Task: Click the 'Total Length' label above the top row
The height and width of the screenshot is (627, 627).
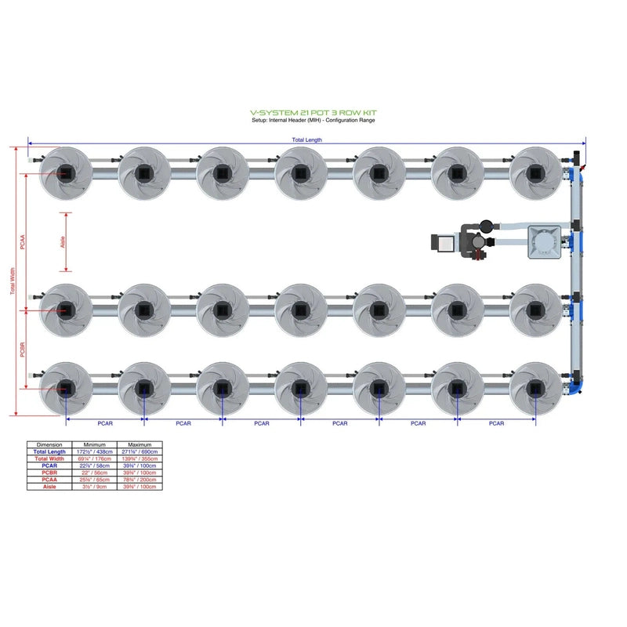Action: [x=306, y=140]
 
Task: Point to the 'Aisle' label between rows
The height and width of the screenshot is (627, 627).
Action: [x=63, y=243]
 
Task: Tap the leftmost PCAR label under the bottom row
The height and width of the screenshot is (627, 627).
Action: [x=105, y=423]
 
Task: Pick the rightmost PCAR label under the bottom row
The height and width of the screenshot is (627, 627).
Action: [x=496, y=423]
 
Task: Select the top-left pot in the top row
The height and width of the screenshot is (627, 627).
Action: [x=66, y=172]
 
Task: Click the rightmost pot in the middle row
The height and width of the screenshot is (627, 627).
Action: [x=535, y=310]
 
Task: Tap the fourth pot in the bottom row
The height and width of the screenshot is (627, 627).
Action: [x=301, y=388]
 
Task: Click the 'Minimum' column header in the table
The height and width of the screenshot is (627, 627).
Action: [x=94, y=445]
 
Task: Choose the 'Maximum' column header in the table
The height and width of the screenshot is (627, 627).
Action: [x=139, y=445]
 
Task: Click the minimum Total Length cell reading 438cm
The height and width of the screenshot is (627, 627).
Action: [x=94, y=452]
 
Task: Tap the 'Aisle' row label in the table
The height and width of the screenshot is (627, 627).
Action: [x=49, y=487]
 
